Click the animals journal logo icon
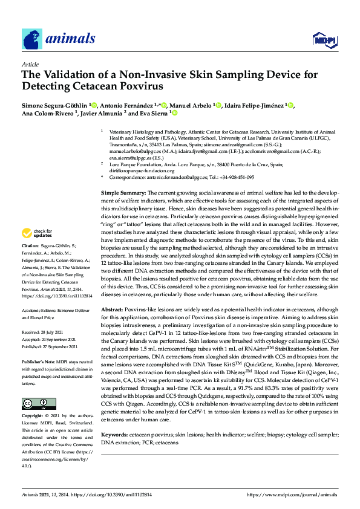pos(32,39)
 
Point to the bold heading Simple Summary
pos(120,192)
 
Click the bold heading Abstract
pos(113,325)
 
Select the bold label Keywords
pos(114,435)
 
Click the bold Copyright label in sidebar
pos(33,416)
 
